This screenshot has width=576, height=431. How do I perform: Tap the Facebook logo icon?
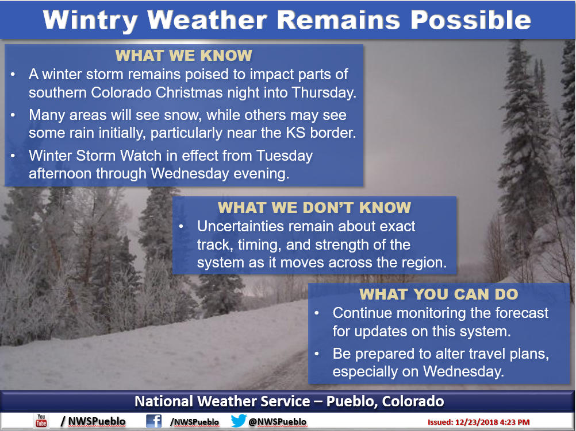(153, 421)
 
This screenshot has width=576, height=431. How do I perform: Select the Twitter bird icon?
(239, 421)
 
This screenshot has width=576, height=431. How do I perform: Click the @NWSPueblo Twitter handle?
(277, 422)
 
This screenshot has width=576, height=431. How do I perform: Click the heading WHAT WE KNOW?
(184, 56)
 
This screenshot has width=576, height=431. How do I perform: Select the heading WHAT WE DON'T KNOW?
(314, 208)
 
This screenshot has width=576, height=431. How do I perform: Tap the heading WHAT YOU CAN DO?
(439, 294)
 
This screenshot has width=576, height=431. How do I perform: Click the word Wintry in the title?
(90, 20)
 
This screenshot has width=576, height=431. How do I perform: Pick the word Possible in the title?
(471, 20)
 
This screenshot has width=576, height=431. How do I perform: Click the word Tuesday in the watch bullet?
(285, 156)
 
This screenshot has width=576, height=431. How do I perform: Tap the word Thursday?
(324, 93)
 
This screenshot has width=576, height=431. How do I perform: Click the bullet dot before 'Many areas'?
(13, 115)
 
